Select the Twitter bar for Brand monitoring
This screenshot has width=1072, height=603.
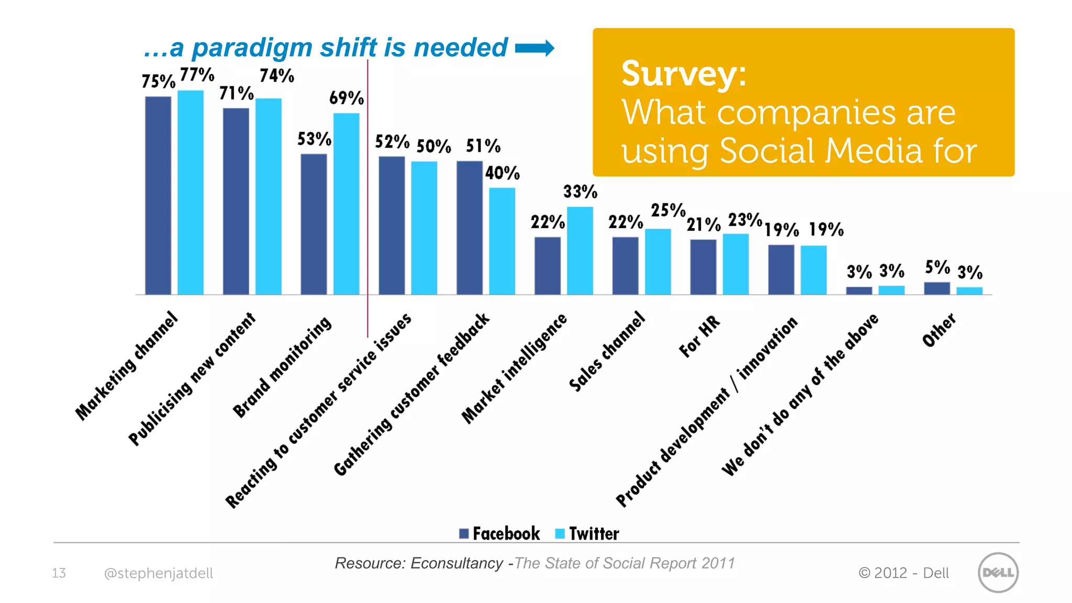click(346, 204)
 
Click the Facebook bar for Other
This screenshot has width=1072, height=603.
click(936, 288)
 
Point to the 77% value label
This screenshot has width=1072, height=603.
click(197, 75)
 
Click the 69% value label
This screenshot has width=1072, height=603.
click(346, 98)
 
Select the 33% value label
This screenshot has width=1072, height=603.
click(580, 192)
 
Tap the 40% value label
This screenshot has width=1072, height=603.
click(502, 173)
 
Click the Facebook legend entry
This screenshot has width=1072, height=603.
click(500, 533)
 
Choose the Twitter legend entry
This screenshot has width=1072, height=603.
click(587, 533)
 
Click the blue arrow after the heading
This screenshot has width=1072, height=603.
click(534, 48)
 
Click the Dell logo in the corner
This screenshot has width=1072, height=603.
click(998, 572)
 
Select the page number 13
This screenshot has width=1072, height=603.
click(59, 573)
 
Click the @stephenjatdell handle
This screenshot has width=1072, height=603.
click(159, 573)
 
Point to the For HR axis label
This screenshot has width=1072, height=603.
click(699, 337)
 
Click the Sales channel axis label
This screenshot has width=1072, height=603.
click(607, 351)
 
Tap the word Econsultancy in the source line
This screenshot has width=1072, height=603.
click(456, 563)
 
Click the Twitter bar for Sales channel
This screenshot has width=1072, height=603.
click(657, 261)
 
